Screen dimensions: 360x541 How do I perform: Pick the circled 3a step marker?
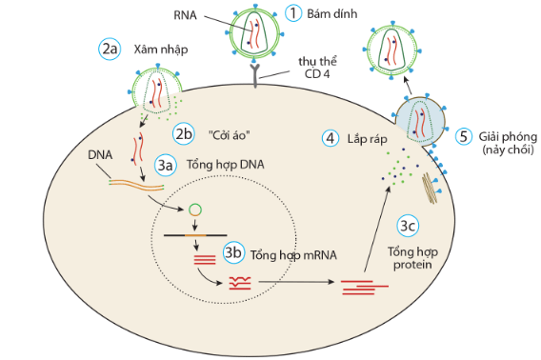pos(167,165)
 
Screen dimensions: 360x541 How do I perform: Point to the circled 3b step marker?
pos(233,253)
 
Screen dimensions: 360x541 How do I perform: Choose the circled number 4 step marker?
pos(331,138)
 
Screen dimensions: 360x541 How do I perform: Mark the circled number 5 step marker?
pos(464,136)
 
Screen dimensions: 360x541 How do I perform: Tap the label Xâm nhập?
pos(156,48)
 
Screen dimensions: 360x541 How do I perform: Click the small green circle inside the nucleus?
pos(193,208)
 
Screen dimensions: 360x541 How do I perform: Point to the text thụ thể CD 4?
pos(308,66)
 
